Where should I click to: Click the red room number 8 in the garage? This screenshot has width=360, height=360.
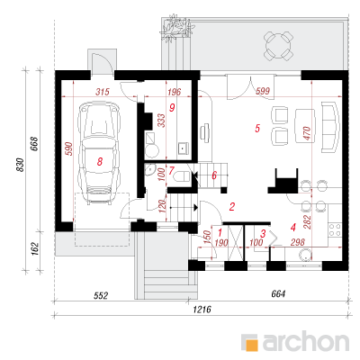point(100,162)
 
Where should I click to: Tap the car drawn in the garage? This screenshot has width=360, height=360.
point(99,154)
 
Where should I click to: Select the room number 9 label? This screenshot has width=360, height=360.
point(172,107)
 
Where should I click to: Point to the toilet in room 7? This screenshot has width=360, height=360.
point(182,176)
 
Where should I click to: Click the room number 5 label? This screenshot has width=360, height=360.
point(257,129)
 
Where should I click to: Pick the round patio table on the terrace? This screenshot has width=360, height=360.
point(277,46)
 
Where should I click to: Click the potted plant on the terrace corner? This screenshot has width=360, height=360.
point(175,29)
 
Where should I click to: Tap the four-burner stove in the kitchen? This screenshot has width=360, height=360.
point(335,229)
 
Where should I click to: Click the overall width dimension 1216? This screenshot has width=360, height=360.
point(202,309)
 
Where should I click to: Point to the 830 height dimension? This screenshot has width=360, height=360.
point(20,165)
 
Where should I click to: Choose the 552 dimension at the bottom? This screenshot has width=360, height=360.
point(101,296)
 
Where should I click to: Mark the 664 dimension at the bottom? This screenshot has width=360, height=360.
point(278,294)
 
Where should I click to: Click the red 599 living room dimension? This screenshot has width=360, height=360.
point(263,91)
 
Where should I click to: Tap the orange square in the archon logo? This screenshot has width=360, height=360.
point(251,343)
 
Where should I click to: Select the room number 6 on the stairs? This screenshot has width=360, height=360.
point(214,175)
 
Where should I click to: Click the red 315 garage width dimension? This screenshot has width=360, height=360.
point(103,92)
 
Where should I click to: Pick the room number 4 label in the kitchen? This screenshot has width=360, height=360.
point(293,227)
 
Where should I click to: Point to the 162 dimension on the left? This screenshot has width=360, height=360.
point(35,248)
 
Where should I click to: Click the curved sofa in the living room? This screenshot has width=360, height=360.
point(330,127)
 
